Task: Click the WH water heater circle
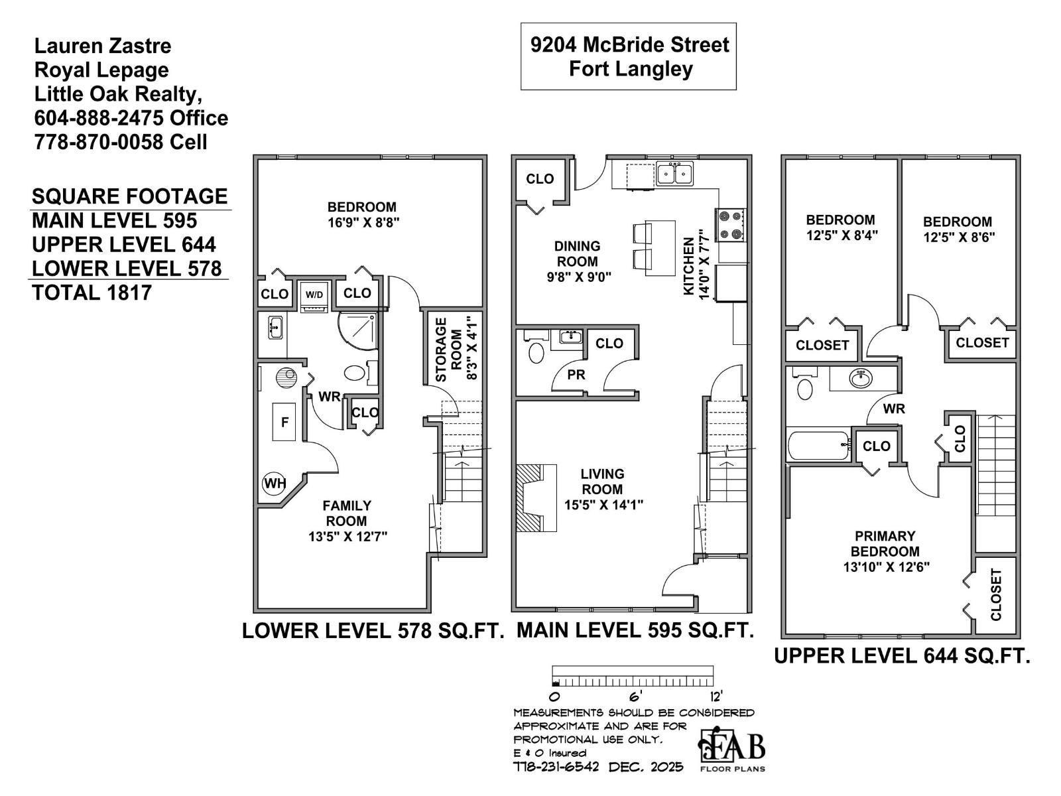[x=274, y=483]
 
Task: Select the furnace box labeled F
[x=285, y=421]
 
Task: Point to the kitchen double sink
[x=674, y=174]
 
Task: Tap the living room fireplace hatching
[x=530, y=497]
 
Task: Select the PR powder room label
[x=576, y=375]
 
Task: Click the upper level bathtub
[x=818, y=446]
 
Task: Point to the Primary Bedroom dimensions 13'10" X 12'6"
[x=886, y=567]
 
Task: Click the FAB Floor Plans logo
[x=733, y=750]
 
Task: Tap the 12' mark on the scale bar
[x=716, y=696]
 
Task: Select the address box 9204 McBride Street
[x=629, y=56]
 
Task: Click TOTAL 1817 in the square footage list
[x=92, y=293]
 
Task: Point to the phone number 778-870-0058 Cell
[x=121, y=142]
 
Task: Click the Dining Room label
[x=577, y=253]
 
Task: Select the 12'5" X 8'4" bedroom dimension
[x=842, y=235]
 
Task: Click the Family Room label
[x=346, y=513]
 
